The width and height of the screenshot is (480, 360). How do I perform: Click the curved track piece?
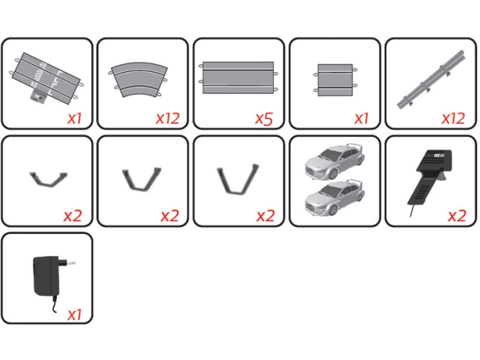click(139, 80)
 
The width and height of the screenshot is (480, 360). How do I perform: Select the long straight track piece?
click(238, 77)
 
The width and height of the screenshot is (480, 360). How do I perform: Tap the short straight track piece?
click(335, 80)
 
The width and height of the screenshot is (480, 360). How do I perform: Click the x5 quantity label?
click(264, 118)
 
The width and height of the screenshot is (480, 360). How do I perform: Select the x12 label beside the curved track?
click(167, 118)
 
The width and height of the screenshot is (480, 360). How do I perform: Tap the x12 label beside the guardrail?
click(453, 118)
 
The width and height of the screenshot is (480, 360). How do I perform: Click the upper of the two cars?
click(335, 162)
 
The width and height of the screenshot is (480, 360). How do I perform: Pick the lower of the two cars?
click(335, 199)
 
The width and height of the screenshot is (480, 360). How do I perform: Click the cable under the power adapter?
click(55, 304)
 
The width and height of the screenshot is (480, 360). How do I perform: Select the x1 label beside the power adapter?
click(74, 314)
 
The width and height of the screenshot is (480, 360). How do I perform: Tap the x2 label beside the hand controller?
click(457, 216)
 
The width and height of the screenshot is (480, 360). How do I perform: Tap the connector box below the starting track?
click(37, 96)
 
